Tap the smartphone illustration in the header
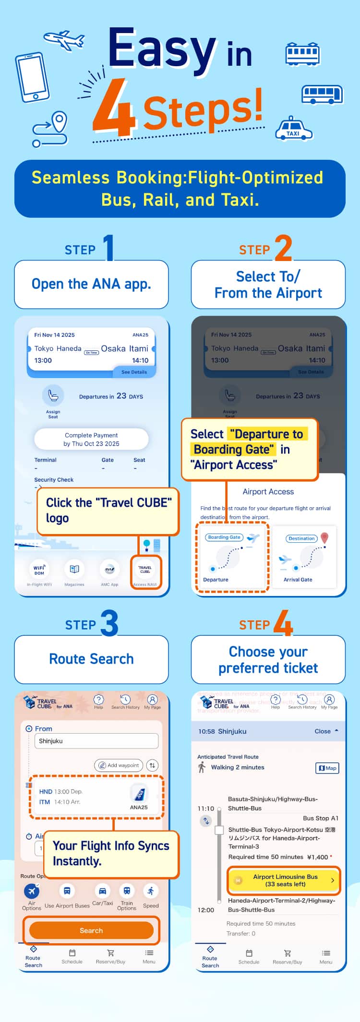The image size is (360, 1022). point(33,78)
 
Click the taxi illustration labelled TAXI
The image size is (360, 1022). point(293,129)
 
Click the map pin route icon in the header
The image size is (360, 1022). point(50,129)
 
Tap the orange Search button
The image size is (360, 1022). point(91,930)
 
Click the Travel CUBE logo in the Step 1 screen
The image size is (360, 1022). point(145,570)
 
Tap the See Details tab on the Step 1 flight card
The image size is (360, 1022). point(134,372)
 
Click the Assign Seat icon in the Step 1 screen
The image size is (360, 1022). point(53,396)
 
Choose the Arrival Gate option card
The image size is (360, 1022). point(304,557)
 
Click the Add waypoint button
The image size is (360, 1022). point(119,765)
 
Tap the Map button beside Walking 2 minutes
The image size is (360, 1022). point(327,768)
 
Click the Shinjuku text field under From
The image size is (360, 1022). point(96,741)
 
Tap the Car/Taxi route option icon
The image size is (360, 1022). point(102,891)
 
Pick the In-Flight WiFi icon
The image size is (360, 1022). point(39,570)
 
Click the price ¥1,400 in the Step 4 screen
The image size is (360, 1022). point(318,857)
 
